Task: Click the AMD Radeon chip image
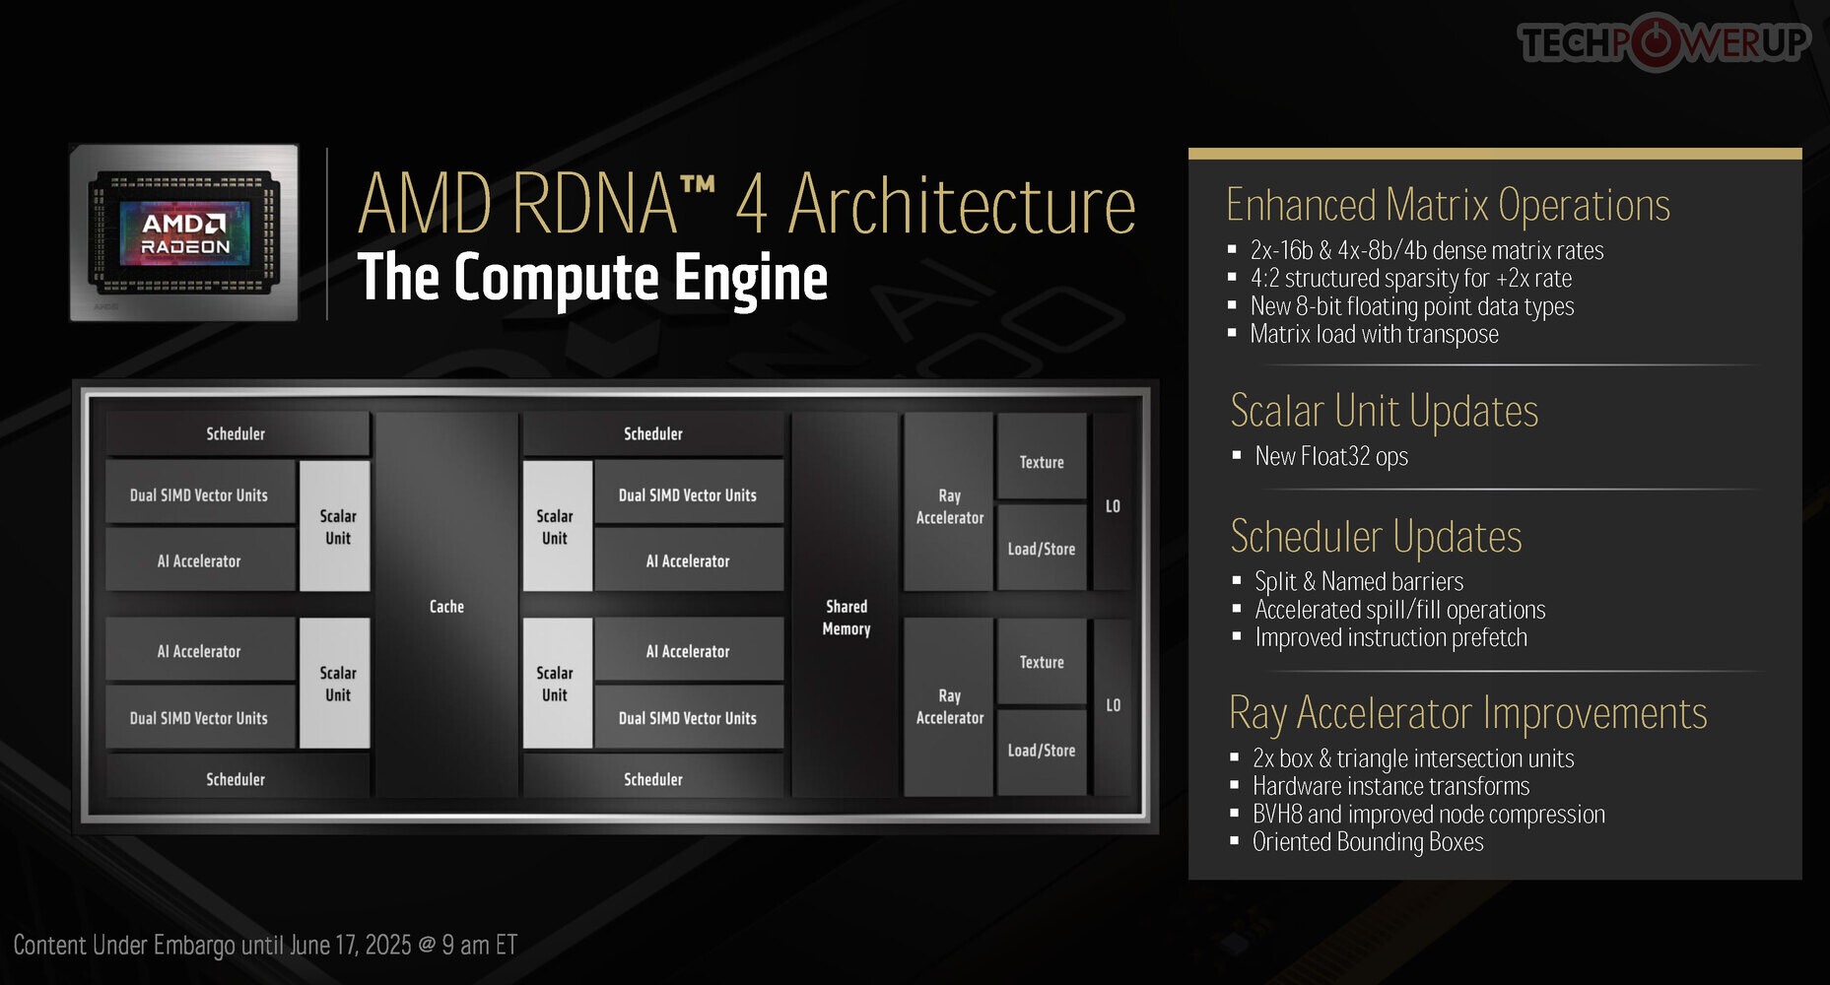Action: [184, 232]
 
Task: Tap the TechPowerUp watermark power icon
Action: [1658, 41]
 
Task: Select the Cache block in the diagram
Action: [446, 606]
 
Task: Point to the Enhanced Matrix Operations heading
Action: [1448, 205]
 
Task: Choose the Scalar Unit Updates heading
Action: [1384, 411]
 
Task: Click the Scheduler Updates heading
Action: [1376, 537]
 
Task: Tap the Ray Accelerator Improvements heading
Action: [1467, 713]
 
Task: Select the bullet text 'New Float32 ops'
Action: [1331, 457]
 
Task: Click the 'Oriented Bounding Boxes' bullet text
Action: [1368, 842]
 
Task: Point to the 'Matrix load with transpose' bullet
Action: [1374, 335]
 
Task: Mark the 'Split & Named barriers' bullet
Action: [1359, 581]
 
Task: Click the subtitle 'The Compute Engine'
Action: [592, 278]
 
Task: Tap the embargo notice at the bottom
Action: [265, 946]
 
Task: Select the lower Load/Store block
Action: [1042, 751]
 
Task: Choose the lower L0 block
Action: [1114, 706]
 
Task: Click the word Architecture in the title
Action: [962, 205]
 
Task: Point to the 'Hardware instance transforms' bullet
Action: [1390, 786]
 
